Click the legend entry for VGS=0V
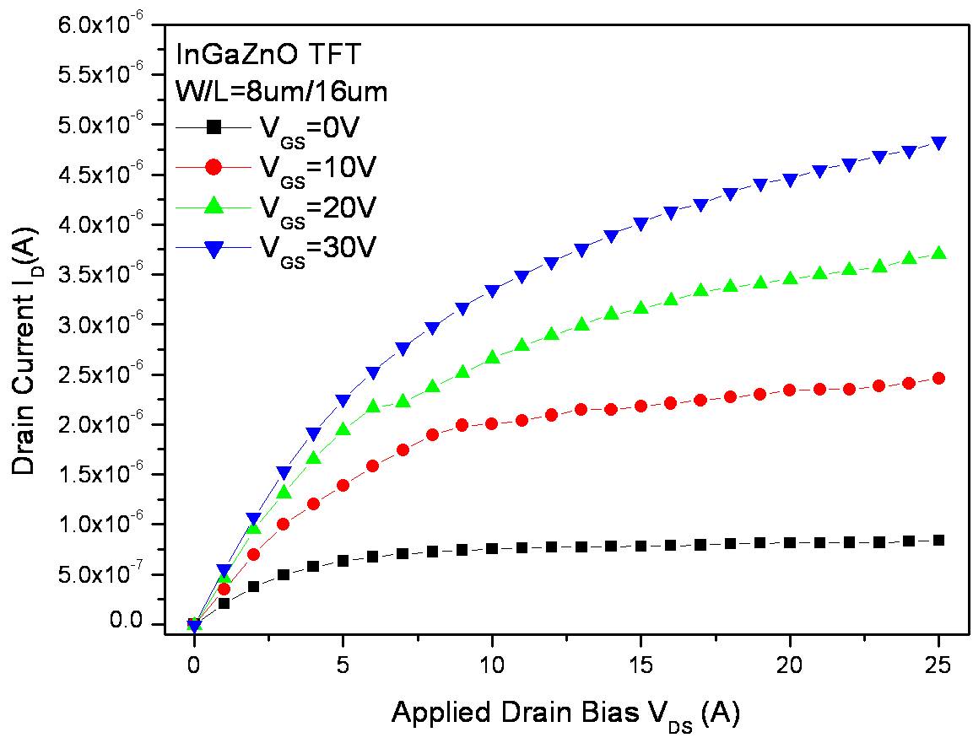click(x=278, y=127)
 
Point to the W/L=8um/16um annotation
click(x=281, y=90)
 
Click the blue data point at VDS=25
click(x=938, y=143)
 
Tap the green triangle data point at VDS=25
click(x=938, y=253)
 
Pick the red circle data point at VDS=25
click(x=938, y=379)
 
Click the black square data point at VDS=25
click(x=938, y=541)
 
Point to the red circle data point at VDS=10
click(x=492, y=423)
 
